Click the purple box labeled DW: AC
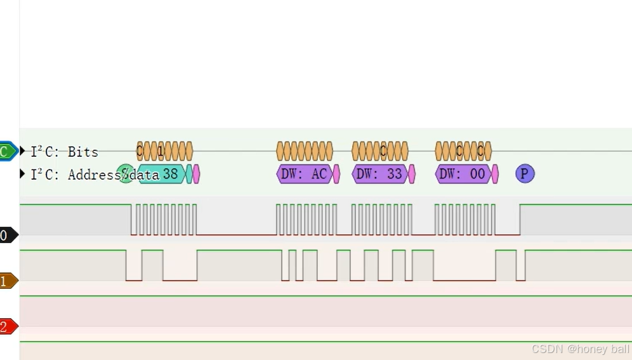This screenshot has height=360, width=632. (x=305, y=174)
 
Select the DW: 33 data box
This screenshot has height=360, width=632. (x=379, y=174)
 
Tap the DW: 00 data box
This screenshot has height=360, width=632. (x=463, y=174)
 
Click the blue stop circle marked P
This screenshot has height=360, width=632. (x=525, y=173)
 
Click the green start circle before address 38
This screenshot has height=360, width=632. (x=125, y=173)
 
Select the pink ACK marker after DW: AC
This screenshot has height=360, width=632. (x=336, y=174)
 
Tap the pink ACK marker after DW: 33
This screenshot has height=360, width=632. (x=412, y=174)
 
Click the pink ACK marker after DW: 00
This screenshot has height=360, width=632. (x=495, y=174)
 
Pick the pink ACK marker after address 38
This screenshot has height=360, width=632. (x=196, y=174)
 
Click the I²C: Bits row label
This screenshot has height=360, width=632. (x=64, y=152)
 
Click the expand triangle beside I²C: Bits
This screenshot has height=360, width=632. (x=23, y=151)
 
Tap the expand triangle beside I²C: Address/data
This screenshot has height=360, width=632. (x=23, y=173)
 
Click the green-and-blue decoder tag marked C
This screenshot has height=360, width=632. (x=7, y=151)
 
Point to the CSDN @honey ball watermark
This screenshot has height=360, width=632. (x=580, y=349)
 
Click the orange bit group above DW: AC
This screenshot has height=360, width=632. (x=305, y=151)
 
